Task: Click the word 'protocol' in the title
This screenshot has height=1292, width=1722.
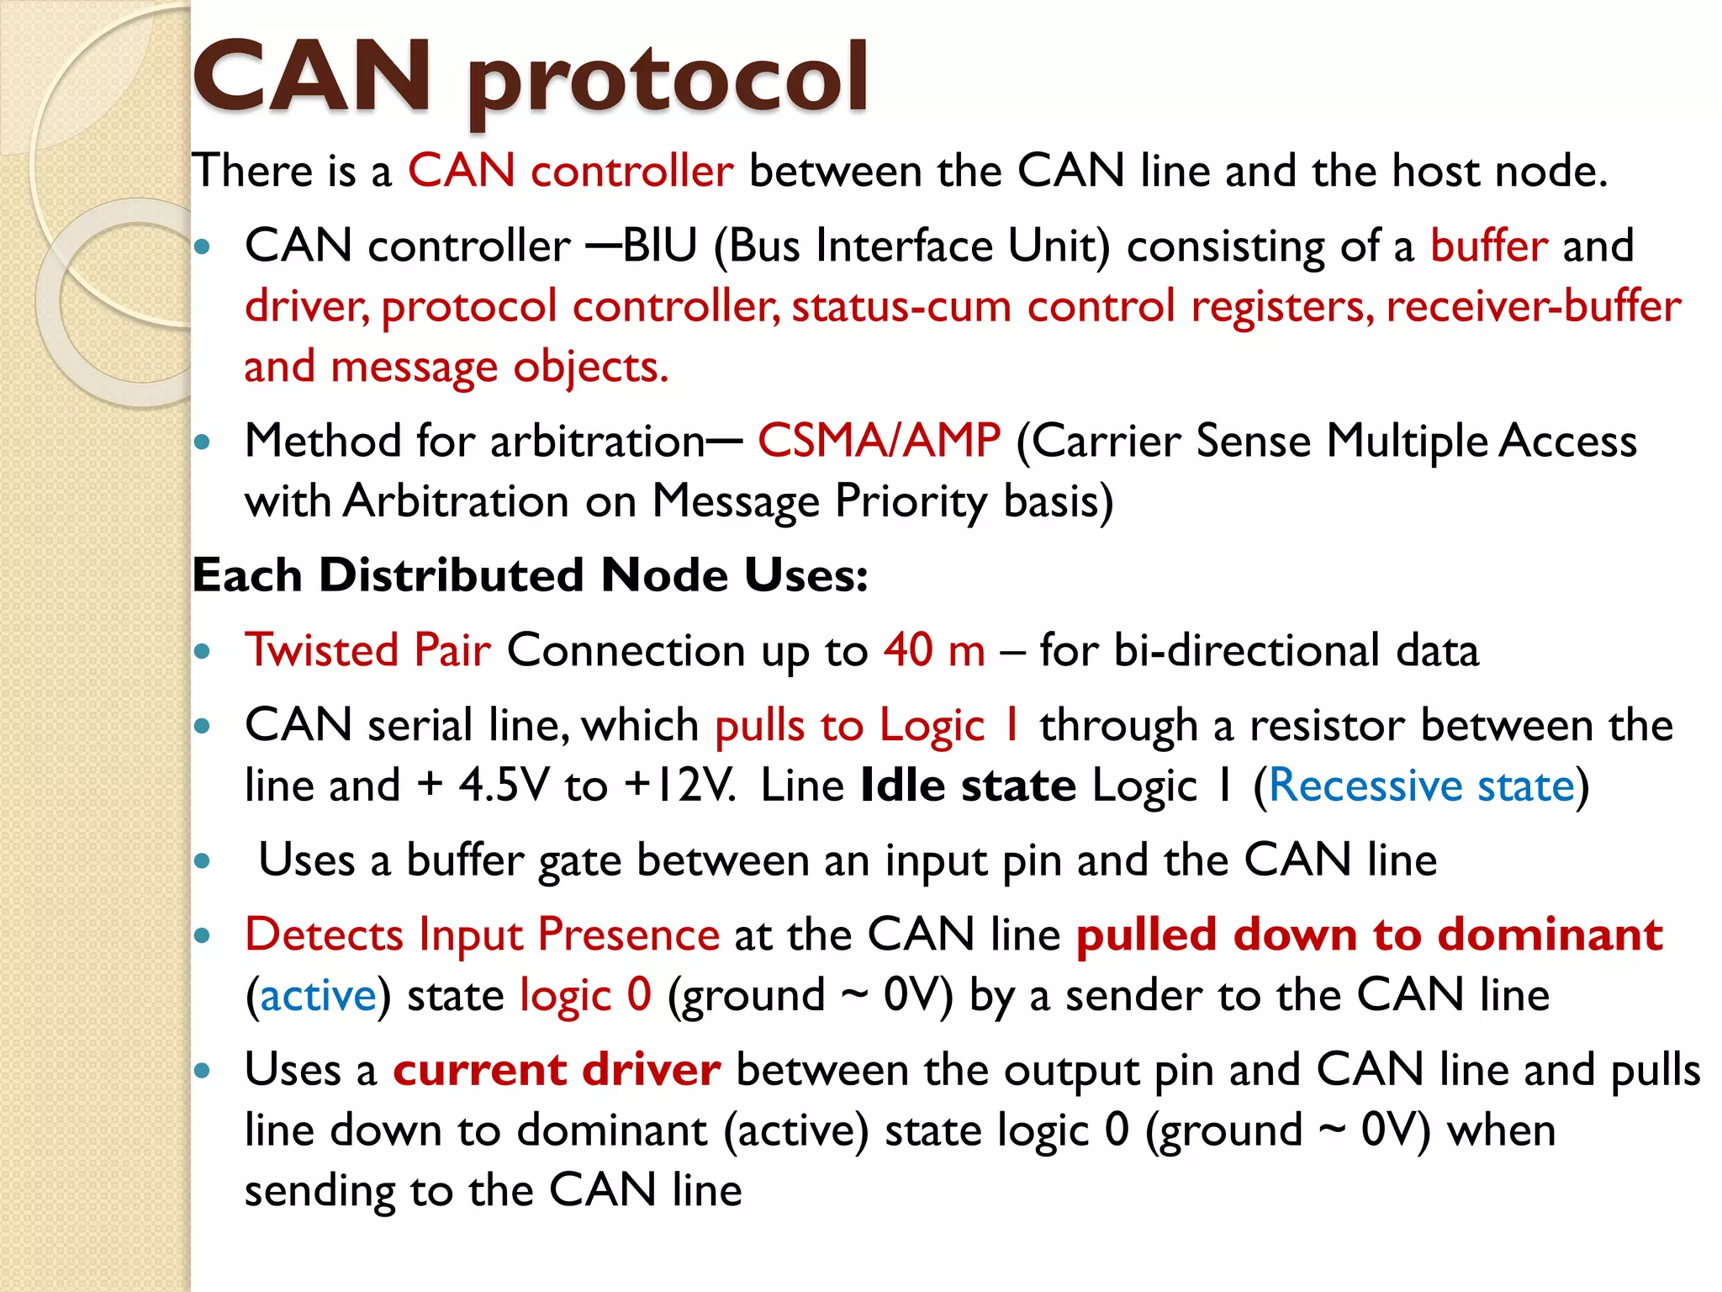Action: tap(667, 80)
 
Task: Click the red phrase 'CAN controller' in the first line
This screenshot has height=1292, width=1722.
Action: tap(570, 171)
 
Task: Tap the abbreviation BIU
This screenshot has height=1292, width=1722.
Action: tap(660, 246)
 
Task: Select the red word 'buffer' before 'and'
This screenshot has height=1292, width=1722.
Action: tap(1488, 246)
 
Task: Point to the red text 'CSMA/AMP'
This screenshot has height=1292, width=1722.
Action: tap(879, 440)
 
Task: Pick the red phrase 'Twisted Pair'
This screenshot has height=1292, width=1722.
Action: tap(367, 650)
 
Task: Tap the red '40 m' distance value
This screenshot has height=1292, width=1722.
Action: tap(934, 650)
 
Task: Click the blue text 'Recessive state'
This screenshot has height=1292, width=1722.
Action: tap(1421, 786)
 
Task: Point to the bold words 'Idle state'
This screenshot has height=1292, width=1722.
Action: tap(968, 786)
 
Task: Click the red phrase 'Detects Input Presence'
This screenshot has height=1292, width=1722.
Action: tap(482, 935)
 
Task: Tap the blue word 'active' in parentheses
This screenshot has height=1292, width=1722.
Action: tap(318, 996)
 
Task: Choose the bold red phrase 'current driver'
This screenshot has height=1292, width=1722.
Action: tap(557, 1070)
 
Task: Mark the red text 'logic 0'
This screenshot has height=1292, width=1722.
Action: tap(585, 996)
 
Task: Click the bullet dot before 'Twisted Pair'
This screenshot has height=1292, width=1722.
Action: tap(202, 651)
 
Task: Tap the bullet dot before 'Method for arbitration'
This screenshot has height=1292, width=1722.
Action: tap(202, 441)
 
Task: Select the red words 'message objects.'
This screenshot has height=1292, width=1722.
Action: tap(499, 367)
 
